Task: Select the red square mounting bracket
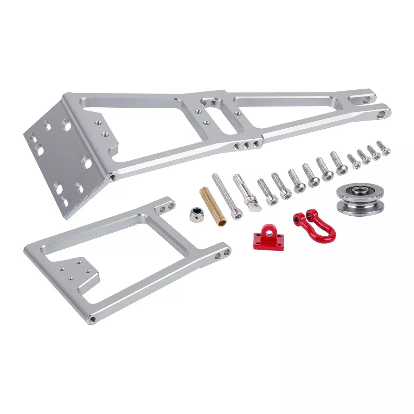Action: tap(268, 236)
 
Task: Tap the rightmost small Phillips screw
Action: tap(384, 147)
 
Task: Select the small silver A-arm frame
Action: tap(124, 255)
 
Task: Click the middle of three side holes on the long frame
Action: tap(246, 146)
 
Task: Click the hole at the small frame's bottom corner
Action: tap(92, 318)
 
